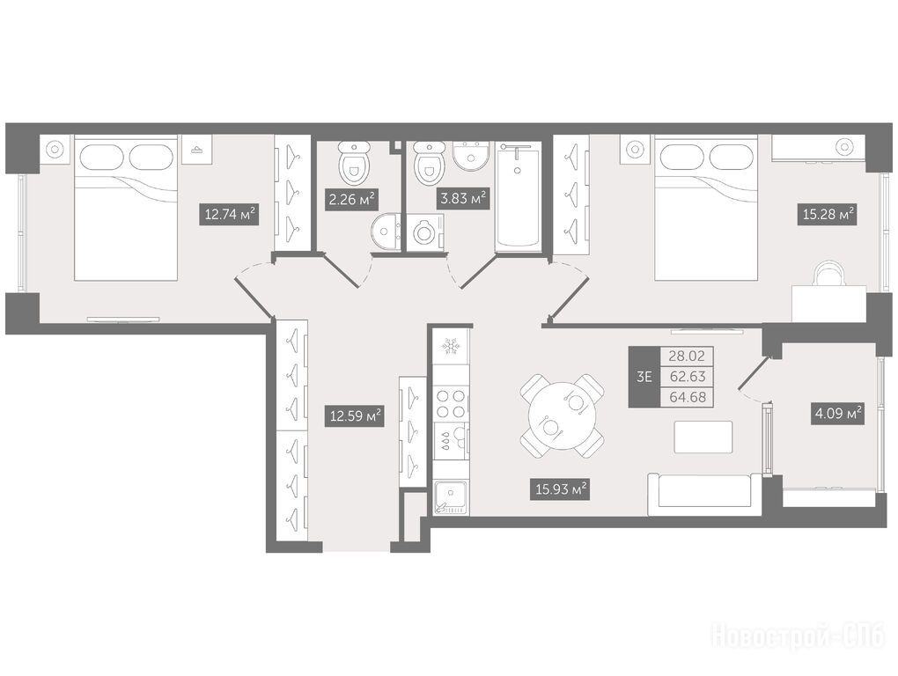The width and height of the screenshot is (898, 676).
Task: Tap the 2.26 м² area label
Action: [x=351, y=199]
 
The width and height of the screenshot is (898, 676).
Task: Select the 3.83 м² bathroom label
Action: [x=463, y=199]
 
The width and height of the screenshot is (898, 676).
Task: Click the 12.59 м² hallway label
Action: [x=356, y=415]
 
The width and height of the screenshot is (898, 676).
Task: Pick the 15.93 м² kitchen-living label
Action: [x=561, y=489]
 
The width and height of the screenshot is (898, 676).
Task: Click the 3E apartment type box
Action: [x=644, y=377]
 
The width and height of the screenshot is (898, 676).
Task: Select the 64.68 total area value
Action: [x=688, y=397]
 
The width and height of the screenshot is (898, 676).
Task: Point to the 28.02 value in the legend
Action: [x=688, y=356]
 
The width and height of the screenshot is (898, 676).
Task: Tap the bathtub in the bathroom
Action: [x=518, y=197]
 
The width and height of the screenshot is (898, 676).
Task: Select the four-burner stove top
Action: [x=450, y=403]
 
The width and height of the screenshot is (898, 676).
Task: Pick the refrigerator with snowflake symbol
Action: [x=451, y=347]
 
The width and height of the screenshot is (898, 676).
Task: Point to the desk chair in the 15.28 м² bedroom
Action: [x=829, y=274]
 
